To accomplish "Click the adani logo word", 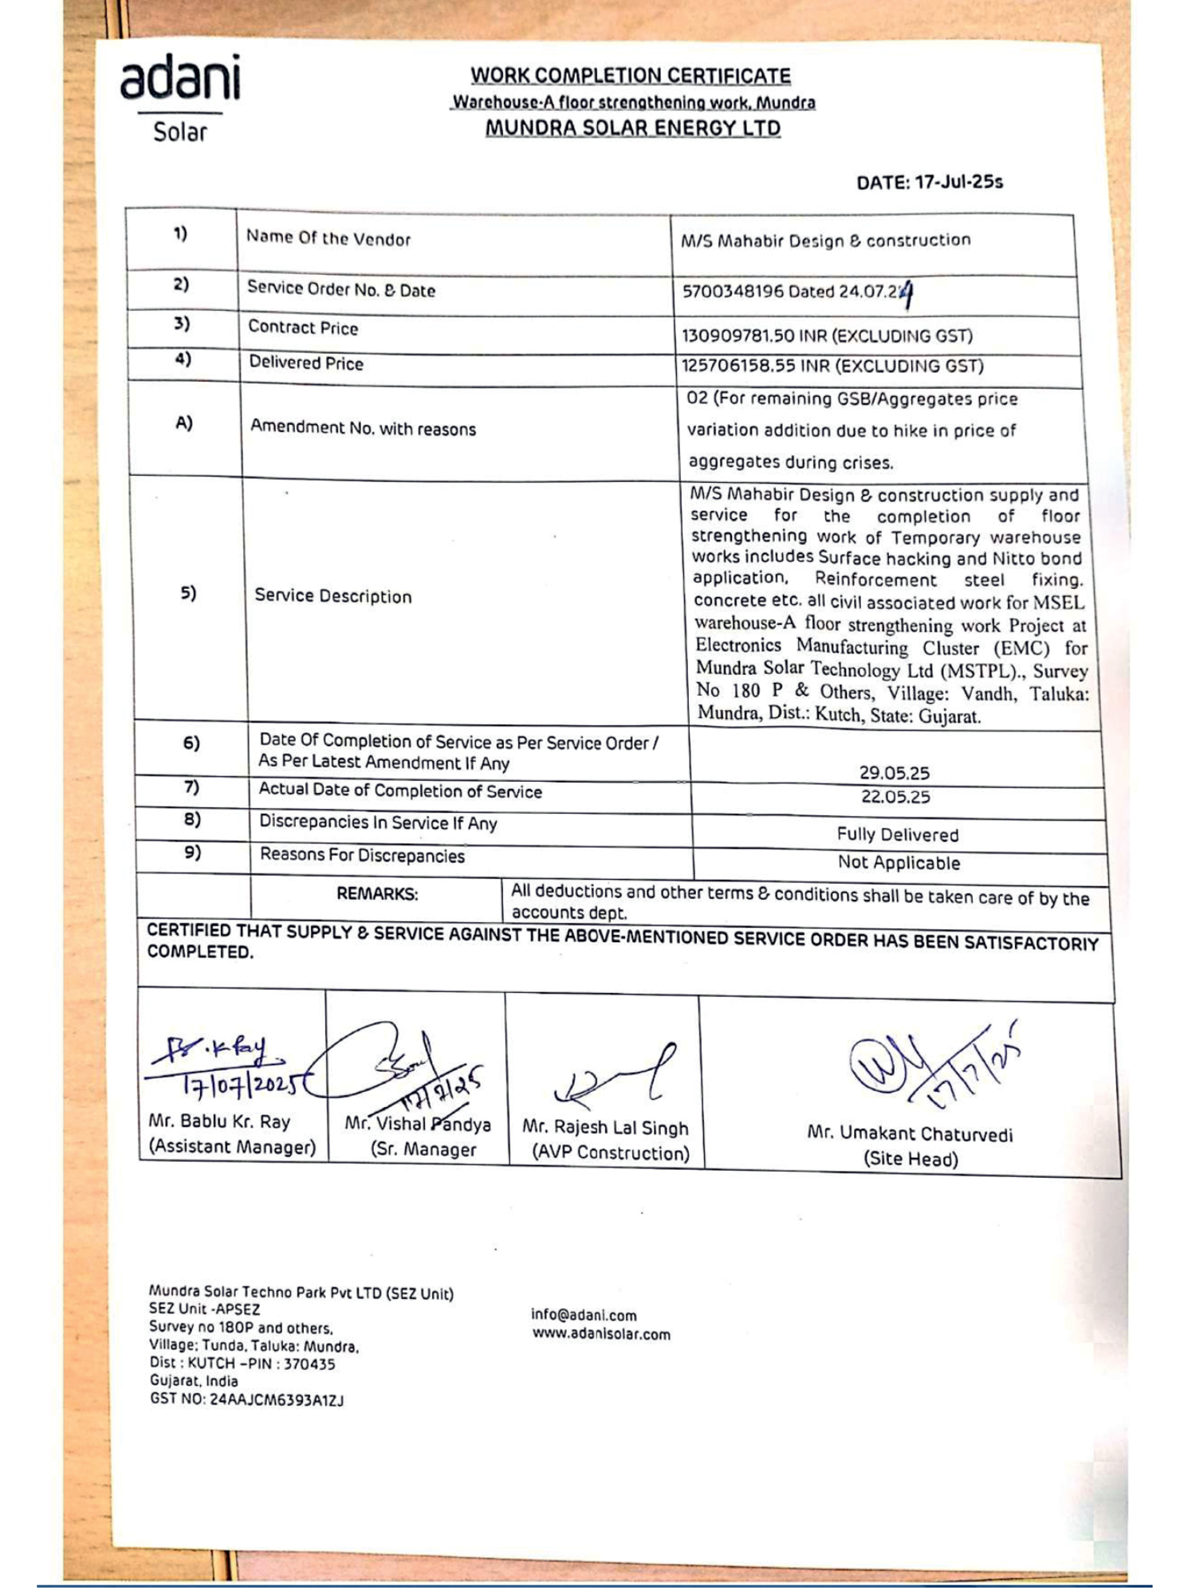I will tap(180, 78).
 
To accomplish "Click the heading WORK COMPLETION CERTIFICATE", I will tap(630, 76).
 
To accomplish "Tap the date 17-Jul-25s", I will tap(958, 182).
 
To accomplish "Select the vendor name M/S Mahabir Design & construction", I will tap(825, 241).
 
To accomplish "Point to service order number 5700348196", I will tap(733, 292).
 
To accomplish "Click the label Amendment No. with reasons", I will tap(363, 429).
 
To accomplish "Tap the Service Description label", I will tap(332, 596).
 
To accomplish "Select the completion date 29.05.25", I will tap(894, 772).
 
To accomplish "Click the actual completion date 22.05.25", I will tap(895, 796).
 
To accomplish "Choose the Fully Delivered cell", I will tap(897, 834).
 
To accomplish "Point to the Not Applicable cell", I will tap(899, 862).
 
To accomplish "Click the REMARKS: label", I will tap(376, 894).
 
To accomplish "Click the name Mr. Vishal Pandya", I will tap(417, 1125).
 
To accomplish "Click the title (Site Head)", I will tap(910, 1159).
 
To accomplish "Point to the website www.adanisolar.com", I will tap(601, 1334).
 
